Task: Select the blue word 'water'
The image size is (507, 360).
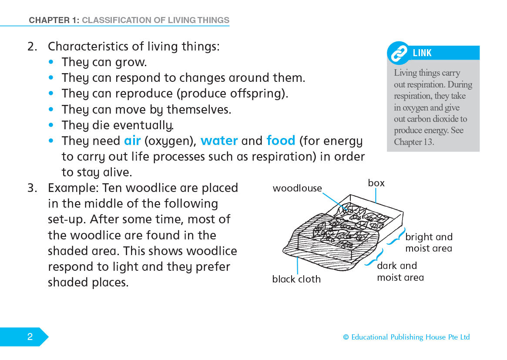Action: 219,141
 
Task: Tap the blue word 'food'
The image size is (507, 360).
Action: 281,141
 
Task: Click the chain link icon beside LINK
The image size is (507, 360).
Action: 398,54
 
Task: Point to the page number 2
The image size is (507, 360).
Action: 30,337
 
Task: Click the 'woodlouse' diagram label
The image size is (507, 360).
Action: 297,188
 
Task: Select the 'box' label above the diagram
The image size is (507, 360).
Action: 376,183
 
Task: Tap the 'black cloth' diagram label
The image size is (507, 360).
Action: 296,279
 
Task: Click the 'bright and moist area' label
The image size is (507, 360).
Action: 429,242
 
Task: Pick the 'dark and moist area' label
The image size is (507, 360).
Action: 400,271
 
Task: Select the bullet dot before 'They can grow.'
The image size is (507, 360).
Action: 52,62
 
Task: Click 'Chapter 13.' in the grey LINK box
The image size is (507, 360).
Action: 414,142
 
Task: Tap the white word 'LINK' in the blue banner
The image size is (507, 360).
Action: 422,53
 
